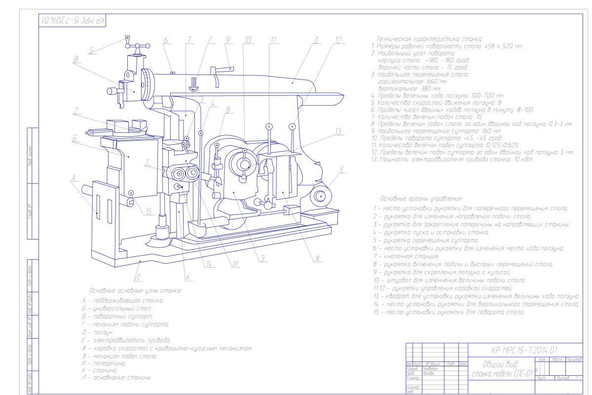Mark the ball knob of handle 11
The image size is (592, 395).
[269, 126]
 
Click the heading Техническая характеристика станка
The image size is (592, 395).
[429, 39]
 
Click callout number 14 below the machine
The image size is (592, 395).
[212, 264]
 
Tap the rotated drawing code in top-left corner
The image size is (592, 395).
[74, 22]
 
